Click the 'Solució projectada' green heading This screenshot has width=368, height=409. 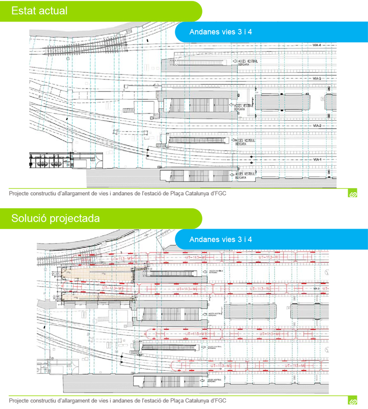pos(56,219)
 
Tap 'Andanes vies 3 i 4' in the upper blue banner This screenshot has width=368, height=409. pos(221,32)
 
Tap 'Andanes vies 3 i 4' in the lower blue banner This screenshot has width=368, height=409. pos(221,240)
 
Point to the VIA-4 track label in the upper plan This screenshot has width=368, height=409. pos(316,45)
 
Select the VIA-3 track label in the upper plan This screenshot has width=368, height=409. pos(316,79)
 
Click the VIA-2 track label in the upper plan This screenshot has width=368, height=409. pos(316,126)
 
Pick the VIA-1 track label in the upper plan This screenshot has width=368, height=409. pos(316,159)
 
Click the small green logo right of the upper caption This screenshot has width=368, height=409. pos(353,194)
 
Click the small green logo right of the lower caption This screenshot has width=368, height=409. pos(353,401)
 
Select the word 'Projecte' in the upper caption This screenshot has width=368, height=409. pos(20,194)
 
